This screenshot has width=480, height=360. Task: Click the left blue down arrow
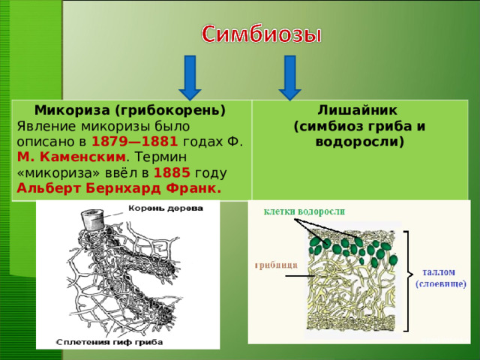(x=190, y=76)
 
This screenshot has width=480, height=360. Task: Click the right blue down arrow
(x=290, y=76)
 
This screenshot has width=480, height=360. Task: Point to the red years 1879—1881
(x=134, y=141)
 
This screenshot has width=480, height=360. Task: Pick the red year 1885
(x=170, y=173)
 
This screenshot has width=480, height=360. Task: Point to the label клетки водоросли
(x=304, y=212)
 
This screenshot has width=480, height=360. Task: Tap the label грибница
(x=276, y=264)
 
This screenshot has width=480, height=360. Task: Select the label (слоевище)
(x=441, y=284)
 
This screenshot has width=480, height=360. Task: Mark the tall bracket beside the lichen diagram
(x=407, y=281)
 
